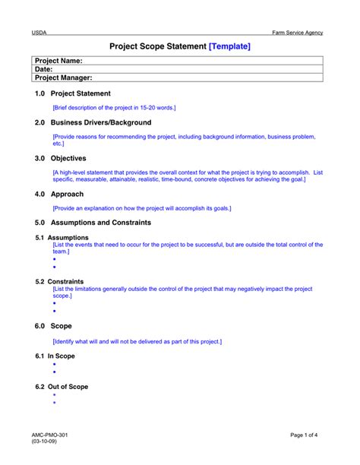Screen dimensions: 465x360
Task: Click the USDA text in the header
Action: (39, 33)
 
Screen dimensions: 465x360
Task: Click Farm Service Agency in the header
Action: (298, 33)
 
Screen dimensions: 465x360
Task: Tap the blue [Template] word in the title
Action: (229, 46)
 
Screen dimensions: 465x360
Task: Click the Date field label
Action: (44, 69)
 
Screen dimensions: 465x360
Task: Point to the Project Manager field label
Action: (64, 77)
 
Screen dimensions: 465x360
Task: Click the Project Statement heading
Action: (80, 93)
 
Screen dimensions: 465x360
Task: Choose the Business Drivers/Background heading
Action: (100, 122)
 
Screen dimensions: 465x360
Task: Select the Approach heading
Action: (66, 194)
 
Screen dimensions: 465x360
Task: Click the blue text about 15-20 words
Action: (114, 108)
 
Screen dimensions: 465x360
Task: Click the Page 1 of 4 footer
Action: (309, 435)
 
